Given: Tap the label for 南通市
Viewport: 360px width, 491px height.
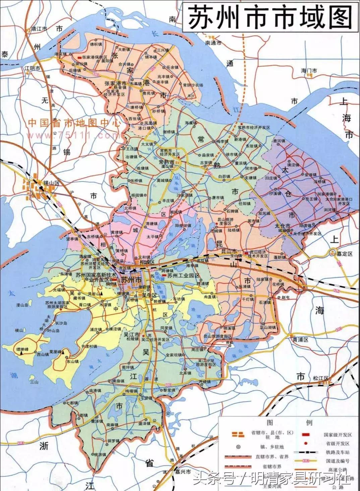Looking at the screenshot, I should (x=214, y=43).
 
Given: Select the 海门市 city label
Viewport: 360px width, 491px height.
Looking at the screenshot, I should (x=309, y=71).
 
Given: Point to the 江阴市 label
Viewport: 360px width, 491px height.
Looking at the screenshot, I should (x=32, y=68).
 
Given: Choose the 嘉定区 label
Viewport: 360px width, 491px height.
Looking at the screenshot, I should (x=345, y=254).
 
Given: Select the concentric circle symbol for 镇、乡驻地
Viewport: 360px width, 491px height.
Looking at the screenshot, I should (x=238, y=447).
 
